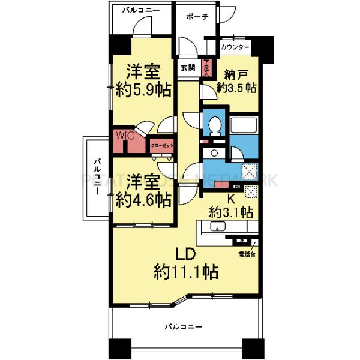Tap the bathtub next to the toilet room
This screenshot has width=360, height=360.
pos(244,127)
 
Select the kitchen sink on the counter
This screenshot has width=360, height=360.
pos(218,227)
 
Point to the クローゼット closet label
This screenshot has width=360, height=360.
pos(161,145)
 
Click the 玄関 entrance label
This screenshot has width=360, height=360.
pos(188,68)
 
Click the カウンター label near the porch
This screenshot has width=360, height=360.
pos(235,46)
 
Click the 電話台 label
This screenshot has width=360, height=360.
pos(246,254)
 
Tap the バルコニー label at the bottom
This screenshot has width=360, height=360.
pos(185,327)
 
